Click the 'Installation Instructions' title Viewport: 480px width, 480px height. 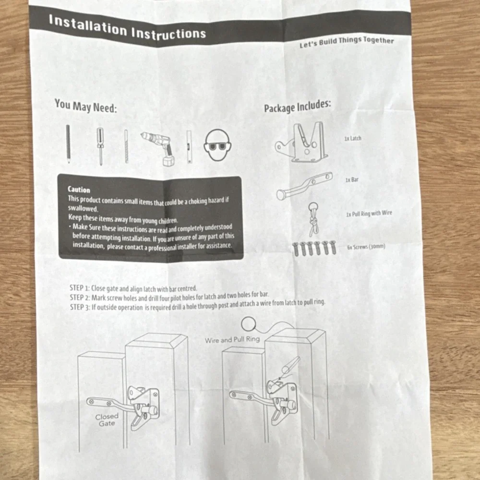pyautogui.click(x=127, y=28)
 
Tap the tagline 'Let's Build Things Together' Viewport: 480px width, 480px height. pyautogui.click(x=347, y=42)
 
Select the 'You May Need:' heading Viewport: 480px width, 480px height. pyautogui.click(x=85, y=106)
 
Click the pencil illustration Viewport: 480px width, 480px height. pyautogui.click(x=68, y=144)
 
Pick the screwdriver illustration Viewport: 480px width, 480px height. pyautogui.click(x=100, y=146)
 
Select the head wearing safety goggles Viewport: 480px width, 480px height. pyautogui.click(x=217, y=145)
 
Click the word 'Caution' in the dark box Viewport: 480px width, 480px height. pyautogui.click(x=79, y=190)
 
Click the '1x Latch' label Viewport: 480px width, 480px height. pyautogui.click(x=353, y=138)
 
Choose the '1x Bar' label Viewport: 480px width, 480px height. pyautogui.click(x=352, y=180)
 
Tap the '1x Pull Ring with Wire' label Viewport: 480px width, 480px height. pyautogui.click(x=369, y=214)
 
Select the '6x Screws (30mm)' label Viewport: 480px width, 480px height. pyautogui.click(x=366, y=247)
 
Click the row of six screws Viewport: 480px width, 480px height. pyautogui.click(x=314, y=248)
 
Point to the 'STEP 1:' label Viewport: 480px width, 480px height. pyautogui.click(x=79, y=288)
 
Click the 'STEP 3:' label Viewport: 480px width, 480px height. pyautogui.click(x=80, y=307)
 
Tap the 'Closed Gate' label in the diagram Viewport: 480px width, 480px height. pyautogui.click(x=107, y=420)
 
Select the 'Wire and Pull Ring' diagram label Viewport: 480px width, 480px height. pyautogui.click(x=232, y=339)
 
